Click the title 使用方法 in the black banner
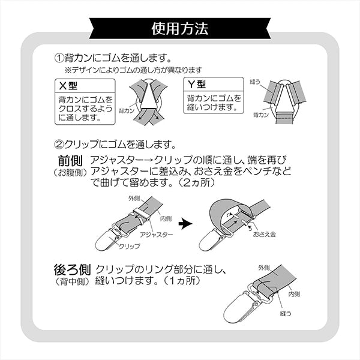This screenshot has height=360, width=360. pyautogui.click(x=180, y=29)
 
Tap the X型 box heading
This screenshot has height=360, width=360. pyautogui.click(x=68, y=86)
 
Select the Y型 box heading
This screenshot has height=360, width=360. pyautogui.click(x=197, y=84)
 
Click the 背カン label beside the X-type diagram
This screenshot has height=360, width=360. pyautogui.click(x=127, y=111)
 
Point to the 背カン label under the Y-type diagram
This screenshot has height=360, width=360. pyautogui.click(x=261, y=115)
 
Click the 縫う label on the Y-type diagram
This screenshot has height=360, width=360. pyautogui.click(x=255, y=82)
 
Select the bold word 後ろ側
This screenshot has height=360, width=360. pyautogui.click(x=72, y=269)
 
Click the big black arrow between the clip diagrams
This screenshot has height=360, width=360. pyautogui.click(x=185, y=224)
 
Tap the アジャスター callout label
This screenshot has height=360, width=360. pyautogui.click(x=157, y=235)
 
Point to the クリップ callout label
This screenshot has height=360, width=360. pyautogui.click(x=129, y=247)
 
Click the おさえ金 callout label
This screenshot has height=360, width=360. pyautogui.click(x=264, y=234)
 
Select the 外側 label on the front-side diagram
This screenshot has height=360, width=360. pyautogui.click(x=134, y=199)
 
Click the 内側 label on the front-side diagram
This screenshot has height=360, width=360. pyautogui.click(x=166, y=218)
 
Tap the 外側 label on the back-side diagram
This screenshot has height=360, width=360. pyautogui.click(x=264, y=268)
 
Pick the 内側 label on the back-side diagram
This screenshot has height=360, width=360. pyautogui.click(x=294, y=294)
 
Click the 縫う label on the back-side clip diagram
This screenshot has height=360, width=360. pyautogui.click(x=286, y=313)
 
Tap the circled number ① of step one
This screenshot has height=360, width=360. pyautogui.click(x=59, y=58)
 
